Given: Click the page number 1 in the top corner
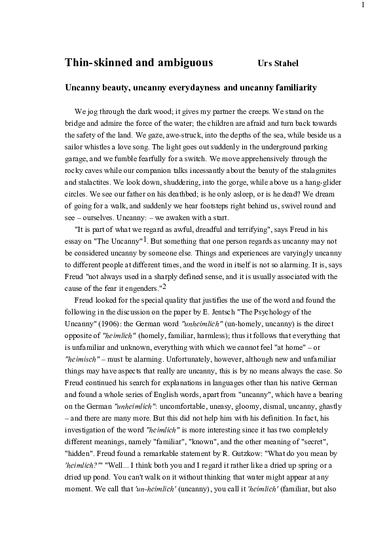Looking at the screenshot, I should (362, 5).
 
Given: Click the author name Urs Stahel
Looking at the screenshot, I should (279, 64).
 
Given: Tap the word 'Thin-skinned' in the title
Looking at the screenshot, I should (97, 63).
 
